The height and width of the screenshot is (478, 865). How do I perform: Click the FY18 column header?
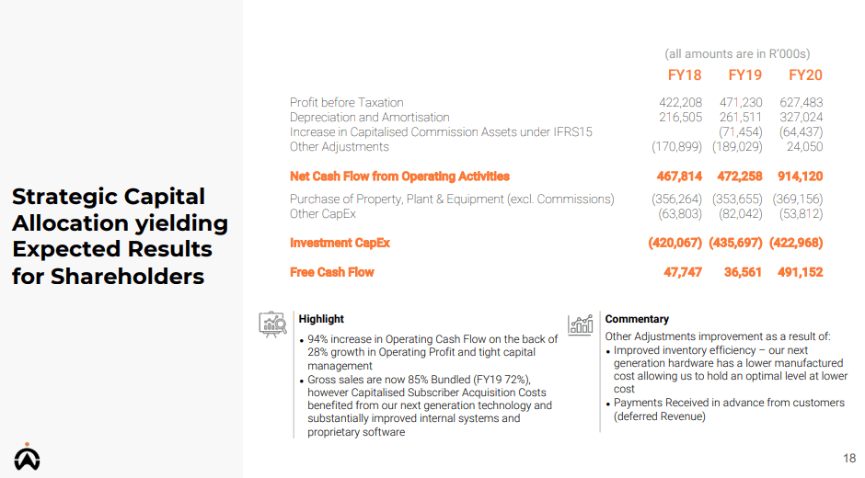pyautogui.click(x=685, y=75)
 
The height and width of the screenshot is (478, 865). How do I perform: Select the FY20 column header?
pyautogui.click(x=805, y=75)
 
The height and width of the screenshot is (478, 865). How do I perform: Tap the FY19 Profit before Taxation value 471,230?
pyautogui.click(x=741, y=103)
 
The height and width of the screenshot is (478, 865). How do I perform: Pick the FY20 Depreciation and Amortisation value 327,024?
pyautogui.click(x=801, y=118)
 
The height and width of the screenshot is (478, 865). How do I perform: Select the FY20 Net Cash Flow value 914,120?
pyautogui.click(x=801, y=176)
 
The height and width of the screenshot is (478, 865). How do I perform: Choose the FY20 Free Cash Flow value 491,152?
pyautogui.click(x=801, y=272)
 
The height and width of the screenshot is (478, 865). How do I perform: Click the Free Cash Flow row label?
pyautogui.click(x=332, y=272)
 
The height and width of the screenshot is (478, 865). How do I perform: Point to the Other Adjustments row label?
pyautogui.click(x=340, y=147)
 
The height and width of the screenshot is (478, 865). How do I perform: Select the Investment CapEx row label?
pyautogui.click(x=340, y=243)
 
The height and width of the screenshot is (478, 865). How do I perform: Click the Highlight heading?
pyautogui.click(x=321, y=319)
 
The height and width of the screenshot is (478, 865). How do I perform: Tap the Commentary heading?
pyautogui.click(x=637, y=319)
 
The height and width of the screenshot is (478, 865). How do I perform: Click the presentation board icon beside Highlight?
pyautogui.click(x=272, y=324)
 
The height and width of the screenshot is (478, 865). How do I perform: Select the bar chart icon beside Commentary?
pyautogui.click(x=581, y=324)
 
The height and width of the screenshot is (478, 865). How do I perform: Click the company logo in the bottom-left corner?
pyautogui.click(x=27, y=457)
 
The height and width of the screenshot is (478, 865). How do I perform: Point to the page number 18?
pyautogui.click(x=849, y=458)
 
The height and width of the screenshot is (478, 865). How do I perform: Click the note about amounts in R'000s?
pyautogui.click(x=737, y=54)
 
